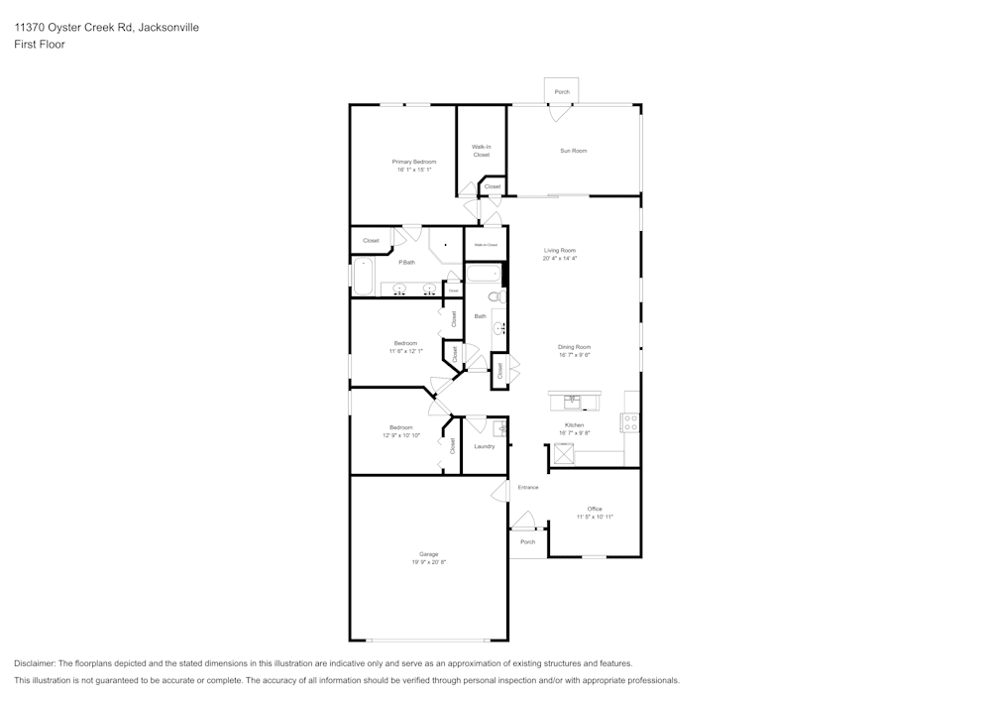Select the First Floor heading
click(x=40, y=45)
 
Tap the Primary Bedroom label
click(x=413, y=162)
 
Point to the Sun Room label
click(x=573, y=151)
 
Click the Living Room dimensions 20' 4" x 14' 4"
click(x=559, y=259)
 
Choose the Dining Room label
click(x=574, y=347)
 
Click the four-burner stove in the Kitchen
click(x=629, y=422)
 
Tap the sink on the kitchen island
click(x=573, y=402)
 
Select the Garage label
click(x=428, y=554)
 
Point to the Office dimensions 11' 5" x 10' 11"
click(x=595, y=517)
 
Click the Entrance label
click(x=527, y=488)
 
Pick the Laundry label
click(x=485, y=446)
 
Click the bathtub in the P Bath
click(x=362, y=277)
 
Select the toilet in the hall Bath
click(x=495, y=296)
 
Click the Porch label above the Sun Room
click(x=562, y=92)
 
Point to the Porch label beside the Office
click(x=527, y=542)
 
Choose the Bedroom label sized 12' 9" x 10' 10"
click(x=400, y=427)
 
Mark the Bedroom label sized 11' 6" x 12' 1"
click(x=405, y=343)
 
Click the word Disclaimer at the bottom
click(x=35, y=663)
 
